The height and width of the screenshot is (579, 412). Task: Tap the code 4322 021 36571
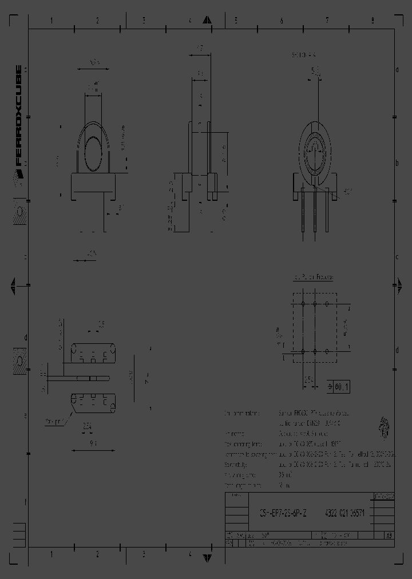click(345, 513)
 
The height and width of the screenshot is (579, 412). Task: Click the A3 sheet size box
click(389, 536)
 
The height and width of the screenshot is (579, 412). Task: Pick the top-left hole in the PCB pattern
click(302, 303)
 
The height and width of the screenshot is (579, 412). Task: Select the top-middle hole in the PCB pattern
click(314, 303)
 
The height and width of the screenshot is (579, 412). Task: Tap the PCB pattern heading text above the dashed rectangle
click(313, 277)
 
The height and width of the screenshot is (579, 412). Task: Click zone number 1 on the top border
click(51, 21)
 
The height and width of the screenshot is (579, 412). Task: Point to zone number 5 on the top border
click(235, 21)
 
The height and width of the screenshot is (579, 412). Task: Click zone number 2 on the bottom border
click(97, 554)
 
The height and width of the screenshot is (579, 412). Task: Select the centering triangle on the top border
click(207, 20)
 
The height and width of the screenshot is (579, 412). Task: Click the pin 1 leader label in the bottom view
click(56, 422)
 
